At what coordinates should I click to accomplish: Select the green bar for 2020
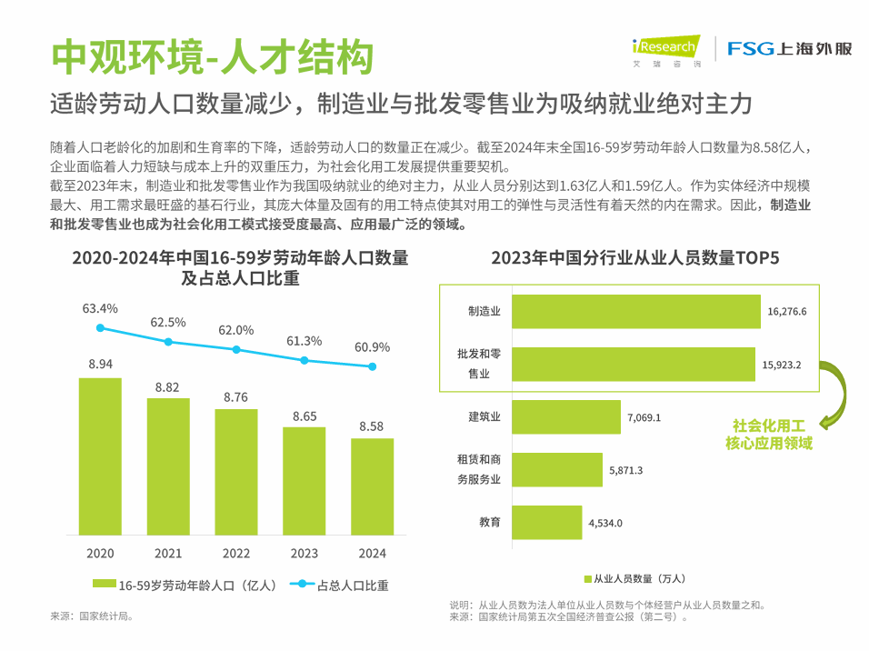[100, 456]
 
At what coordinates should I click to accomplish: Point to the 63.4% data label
[100, 308]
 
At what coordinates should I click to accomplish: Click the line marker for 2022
[236, 349]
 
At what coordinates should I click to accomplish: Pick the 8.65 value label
[305, 415]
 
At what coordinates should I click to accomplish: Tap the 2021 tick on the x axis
[168, 553]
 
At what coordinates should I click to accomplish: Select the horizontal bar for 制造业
[635, 311]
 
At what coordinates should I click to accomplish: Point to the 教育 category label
[490, 522]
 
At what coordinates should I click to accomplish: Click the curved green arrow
[834, 392]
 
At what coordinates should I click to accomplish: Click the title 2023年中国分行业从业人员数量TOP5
[635, 257]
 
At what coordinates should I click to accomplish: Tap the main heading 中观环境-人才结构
[212, 57]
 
